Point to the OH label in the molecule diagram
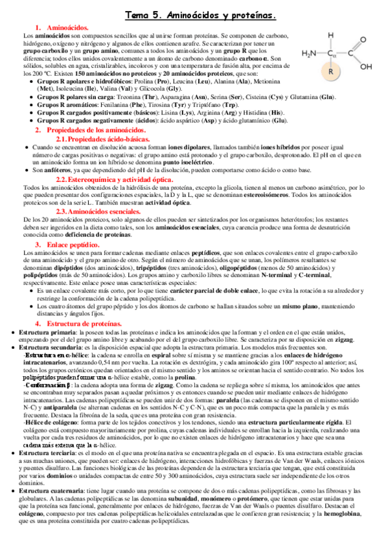pos(367,67)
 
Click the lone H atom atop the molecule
pos(332,36)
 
